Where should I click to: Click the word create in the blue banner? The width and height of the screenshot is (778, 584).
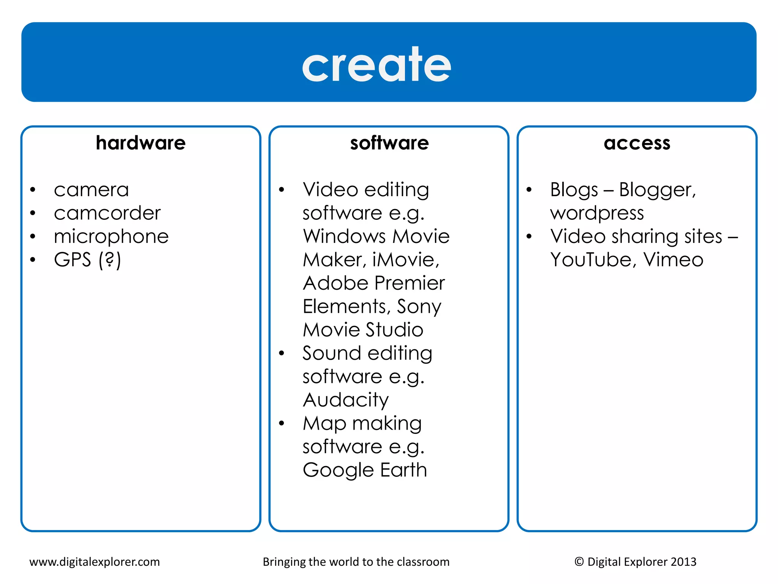tap(376, 65)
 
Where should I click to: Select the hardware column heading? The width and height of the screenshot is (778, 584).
tap(141, 143)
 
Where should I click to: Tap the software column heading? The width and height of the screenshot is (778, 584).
tap(389, 143)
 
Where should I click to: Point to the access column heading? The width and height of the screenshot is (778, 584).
tap(637, 143)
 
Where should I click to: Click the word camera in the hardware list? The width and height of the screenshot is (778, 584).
tap(91, 190)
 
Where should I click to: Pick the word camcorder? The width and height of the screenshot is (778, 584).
tap(107, 213)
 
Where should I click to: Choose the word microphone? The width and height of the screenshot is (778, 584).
tap(111, 236)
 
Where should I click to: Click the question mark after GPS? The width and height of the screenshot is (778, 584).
tap(110, 260)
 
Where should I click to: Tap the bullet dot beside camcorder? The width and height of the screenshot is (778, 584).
tap(33, 213)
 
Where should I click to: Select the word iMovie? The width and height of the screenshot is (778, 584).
tap(405, 260)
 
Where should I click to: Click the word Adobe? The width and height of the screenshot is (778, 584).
tap(336, 283)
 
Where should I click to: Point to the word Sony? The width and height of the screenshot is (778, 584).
tap(419, 307)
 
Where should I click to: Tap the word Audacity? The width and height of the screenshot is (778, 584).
tap(346, 400)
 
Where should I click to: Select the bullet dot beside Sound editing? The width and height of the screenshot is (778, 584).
tap(281, 354)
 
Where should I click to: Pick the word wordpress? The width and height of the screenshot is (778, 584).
tap(597, 213)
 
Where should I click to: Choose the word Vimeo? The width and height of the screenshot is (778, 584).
tap(673, 260)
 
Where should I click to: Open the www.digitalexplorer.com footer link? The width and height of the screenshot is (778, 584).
tap(95, 562)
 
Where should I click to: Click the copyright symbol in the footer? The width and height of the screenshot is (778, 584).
tap(579, 562)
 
